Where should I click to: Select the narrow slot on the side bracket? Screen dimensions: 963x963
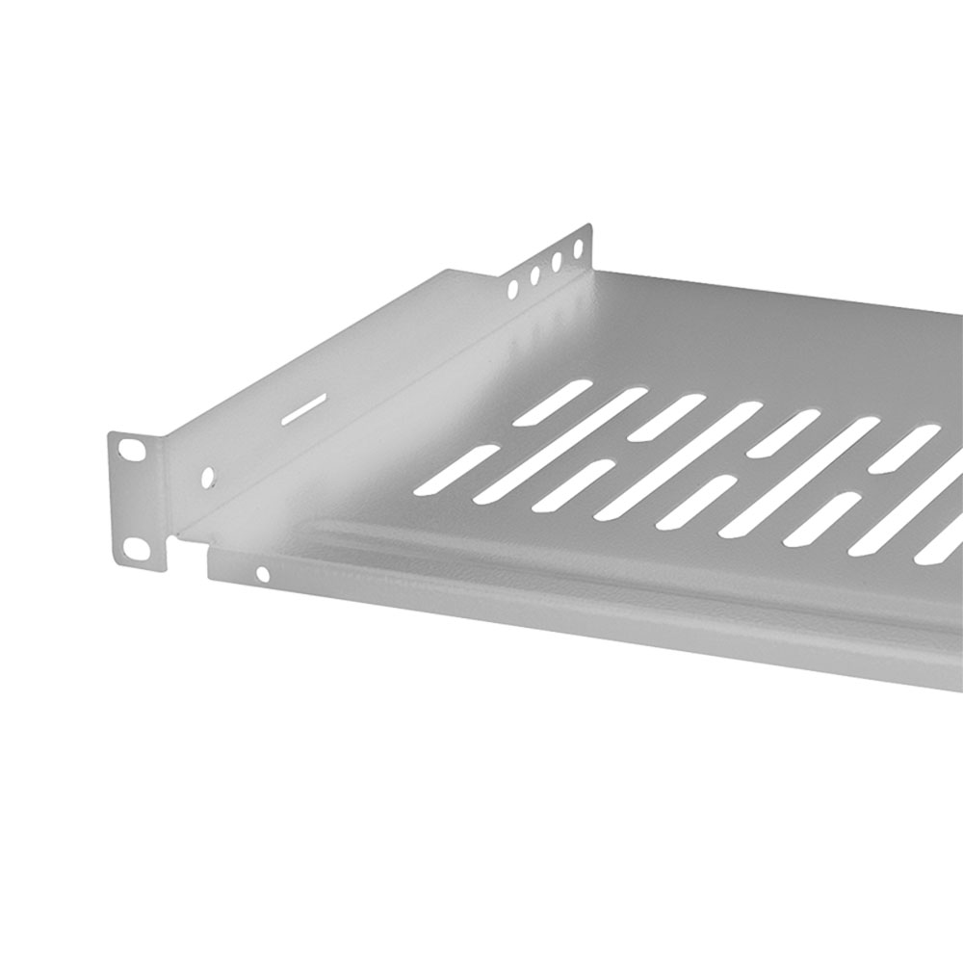point(301,408)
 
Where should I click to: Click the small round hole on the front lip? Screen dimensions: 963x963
point(262,575)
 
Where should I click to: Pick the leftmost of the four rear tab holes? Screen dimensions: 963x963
point(512,287)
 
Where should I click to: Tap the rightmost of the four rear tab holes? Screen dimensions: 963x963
point(578,249)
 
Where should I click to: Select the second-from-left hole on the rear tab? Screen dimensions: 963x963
point(534,274)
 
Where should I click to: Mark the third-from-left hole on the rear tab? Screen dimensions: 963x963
point(556,262)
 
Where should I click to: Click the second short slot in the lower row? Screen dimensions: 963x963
point(574,484)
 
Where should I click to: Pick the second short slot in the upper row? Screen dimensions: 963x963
point(666,417)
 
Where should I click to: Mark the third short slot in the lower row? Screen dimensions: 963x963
point(696,502)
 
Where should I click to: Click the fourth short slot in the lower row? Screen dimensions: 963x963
point(821,518)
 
